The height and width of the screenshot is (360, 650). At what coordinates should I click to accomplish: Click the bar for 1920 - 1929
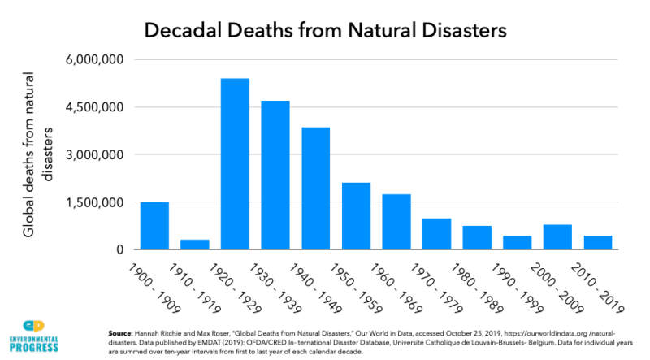pos(235,164)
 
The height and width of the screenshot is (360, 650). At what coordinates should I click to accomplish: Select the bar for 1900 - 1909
pos(154,226)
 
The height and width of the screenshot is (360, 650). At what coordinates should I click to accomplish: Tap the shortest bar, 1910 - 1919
pos(194,245)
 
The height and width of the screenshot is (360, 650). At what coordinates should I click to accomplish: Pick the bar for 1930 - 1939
pos(275,175)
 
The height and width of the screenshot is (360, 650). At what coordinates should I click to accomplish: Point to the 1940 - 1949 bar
pos(315,189)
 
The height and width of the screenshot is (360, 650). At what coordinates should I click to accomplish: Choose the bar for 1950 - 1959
pos(356,216)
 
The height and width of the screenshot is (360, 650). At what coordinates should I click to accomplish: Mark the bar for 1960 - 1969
pos(396,222)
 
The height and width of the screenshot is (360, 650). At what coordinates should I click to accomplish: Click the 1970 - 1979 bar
pos(436,234)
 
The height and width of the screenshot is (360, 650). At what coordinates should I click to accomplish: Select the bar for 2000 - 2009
pos(517,237)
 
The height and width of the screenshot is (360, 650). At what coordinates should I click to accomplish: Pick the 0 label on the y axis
pos(118,249)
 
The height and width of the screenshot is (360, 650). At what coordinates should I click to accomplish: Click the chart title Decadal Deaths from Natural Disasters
pos(325,30)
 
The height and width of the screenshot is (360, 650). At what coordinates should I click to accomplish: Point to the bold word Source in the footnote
pos(121,333)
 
